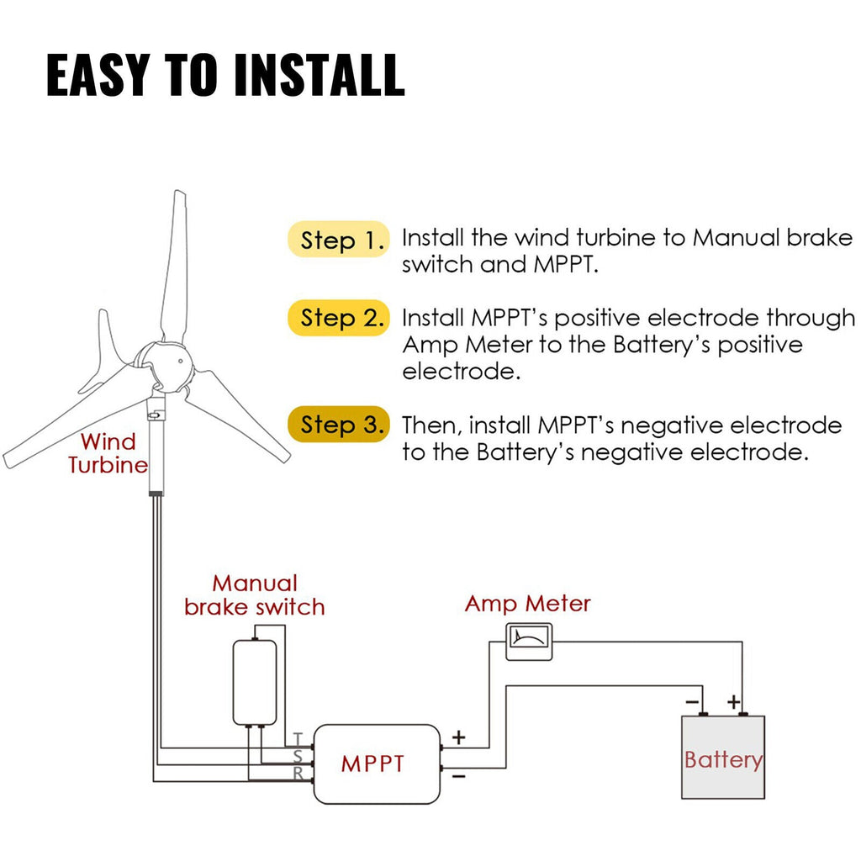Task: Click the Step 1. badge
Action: coord(339,240)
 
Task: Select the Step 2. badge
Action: coord(339,319)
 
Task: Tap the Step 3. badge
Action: coord(339,425)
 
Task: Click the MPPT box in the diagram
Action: coord(376,763)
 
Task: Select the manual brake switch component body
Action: coord(255,681)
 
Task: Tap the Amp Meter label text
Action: coord(527,604)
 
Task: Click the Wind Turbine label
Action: coord(108,453)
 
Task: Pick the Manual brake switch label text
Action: coord(255,594)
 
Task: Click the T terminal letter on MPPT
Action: coord(298,739)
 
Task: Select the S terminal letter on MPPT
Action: coord(298,757)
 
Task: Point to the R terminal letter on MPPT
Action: coord(298,774)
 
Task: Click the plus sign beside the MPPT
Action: coord(458,737)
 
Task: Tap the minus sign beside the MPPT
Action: coord(458,777)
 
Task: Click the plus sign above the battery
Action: coord(733,700)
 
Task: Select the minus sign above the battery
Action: coord(692,700)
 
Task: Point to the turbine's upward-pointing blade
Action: coord(175,261)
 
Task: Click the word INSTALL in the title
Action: coord(319,75)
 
